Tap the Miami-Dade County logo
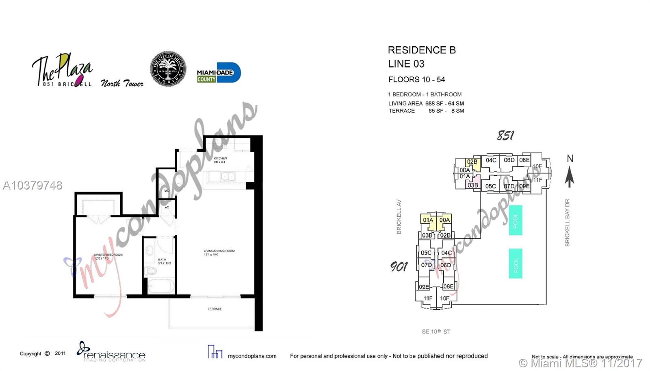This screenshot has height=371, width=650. [219, 73]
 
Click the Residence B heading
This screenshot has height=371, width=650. [421, 50]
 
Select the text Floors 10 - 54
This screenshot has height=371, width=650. [416, 79]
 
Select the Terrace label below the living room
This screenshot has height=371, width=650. [214, 309]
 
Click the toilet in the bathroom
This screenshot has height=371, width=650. [150, 271]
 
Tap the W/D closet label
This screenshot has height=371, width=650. [167, 190]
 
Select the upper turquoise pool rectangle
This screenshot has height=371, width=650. [515, 220]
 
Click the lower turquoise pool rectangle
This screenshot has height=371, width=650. [515, 264]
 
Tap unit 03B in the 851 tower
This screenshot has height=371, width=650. [472, 185]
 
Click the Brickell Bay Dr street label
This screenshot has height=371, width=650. [567, 223]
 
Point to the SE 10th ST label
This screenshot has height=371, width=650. [435, 332]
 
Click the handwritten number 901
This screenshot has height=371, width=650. [399, 266]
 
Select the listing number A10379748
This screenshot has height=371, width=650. [32, 185]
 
